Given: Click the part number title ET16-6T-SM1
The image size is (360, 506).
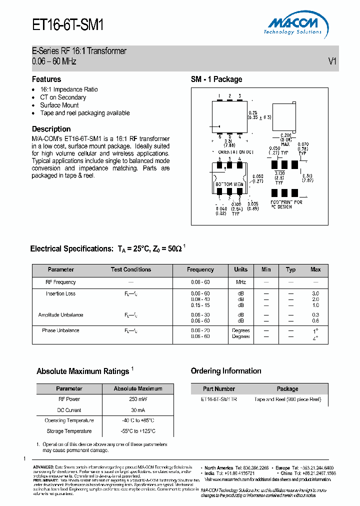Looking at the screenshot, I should [x=67, y=24].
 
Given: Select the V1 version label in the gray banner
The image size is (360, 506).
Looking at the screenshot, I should [x=332, y=61].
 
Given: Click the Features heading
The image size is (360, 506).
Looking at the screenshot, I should [x=46, y=79].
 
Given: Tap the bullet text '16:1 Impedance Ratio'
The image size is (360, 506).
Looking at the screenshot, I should [x=69, y=89].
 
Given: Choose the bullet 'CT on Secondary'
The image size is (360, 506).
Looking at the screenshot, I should [x=63, y=97].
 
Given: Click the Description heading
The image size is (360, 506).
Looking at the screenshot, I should [x=51, y=128].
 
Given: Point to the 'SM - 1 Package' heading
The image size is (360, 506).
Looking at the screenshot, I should [x=216, y=79].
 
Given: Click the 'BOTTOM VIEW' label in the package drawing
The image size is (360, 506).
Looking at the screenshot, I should [x=229, y=184].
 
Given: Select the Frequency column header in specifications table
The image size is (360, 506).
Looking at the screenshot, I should [x=200, y=269].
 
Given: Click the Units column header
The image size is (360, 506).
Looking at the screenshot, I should [x=240, y=269].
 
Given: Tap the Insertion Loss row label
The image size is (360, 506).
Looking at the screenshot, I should [x=61, y=293].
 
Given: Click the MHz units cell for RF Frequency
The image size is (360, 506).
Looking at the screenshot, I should [x=240, y=282].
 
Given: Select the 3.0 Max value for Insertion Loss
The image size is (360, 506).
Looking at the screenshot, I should [x=315, y=293].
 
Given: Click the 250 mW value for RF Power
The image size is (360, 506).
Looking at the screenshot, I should [x=137, y=399].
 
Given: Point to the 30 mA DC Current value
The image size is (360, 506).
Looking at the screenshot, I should [x=137, y=410].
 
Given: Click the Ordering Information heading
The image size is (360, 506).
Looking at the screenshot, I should [x=226, y=371].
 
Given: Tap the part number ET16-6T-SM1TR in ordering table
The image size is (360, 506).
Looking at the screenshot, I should [x=219, y=399].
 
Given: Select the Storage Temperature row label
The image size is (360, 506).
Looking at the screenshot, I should [x=69, y=431].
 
